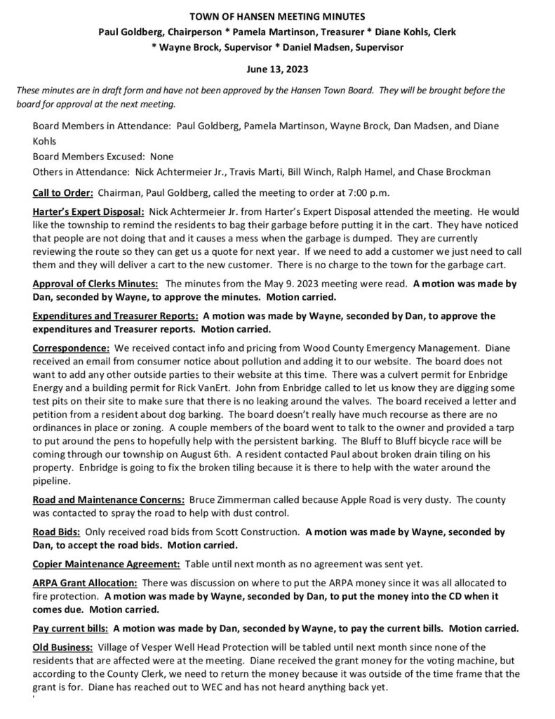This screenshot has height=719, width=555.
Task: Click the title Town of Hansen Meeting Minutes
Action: point(277,16)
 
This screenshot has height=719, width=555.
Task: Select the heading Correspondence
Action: point(71,347)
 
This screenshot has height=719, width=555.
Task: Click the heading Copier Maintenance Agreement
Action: point(107,564)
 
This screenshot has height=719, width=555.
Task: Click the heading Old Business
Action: point(64,645)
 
